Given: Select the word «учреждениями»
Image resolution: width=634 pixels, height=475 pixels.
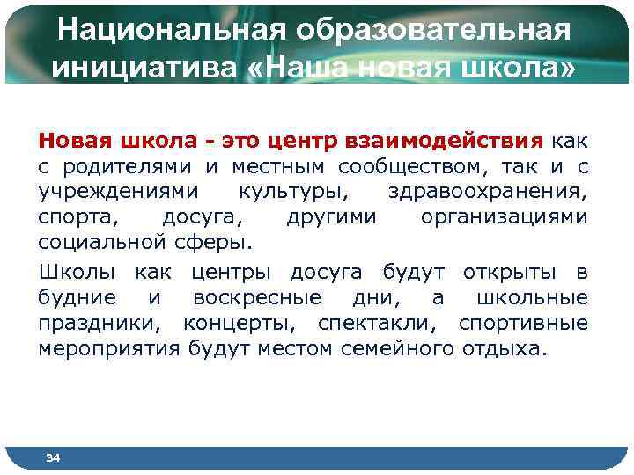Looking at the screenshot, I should coord(106,191).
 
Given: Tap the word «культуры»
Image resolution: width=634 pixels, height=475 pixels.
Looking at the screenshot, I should coord(287,191).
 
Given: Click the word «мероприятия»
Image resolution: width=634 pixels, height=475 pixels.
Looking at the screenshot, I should coord(110,348).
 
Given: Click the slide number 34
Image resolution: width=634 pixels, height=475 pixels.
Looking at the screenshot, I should coord(53,458).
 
